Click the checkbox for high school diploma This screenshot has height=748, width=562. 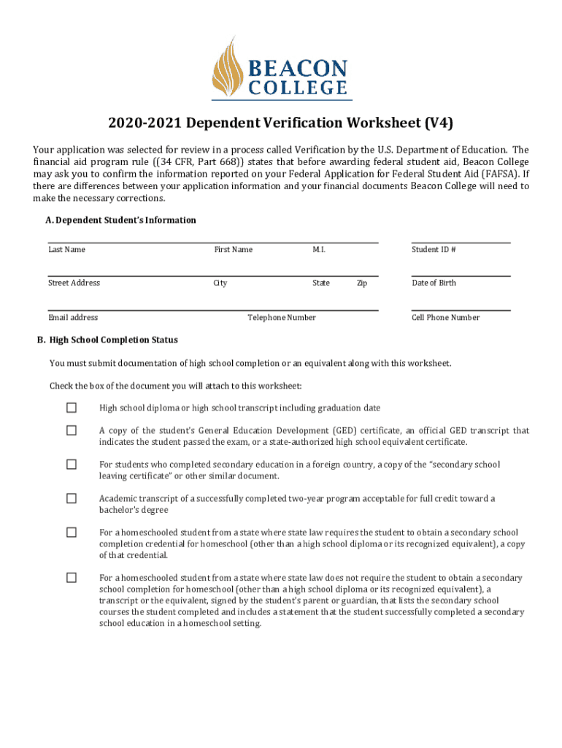(72, 408)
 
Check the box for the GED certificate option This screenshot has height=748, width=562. (72, 431)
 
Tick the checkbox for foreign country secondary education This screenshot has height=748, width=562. (72, 465)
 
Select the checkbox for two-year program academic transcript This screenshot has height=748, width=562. (72, 498)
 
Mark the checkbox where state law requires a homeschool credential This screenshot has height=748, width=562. (72, 533)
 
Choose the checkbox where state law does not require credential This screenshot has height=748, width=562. (72, 578)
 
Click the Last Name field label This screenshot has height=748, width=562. (66, 250)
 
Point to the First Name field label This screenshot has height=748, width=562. (233, 250)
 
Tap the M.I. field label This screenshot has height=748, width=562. (319, 250)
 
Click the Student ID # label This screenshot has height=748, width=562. (434, 250)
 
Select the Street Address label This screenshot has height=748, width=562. (74, 283)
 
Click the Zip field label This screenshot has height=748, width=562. (361, 283)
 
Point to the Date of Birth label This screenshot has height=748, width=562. (434, 283)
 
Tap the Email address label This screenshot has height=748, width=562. (73, 318)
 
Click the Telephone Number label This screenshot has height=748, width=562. (282, 318)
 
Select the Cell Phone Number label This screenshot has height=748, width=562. (445, 318)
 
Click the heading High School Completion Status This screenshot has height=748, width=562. (108, 340)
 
